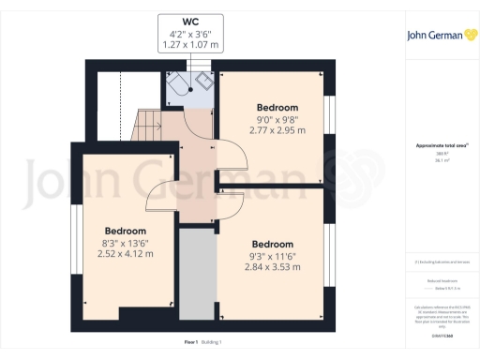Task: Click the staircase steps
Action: (x=148, y=125)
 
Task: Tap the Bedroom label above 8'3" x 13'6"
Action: (x=125, y=231)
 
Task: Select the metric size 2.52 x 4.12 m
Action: (x=125, y=252)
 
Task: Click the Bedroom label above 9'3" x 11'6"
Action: (x=273, y=245)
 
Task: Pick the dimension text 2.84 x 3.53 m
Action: (x=273, y=266)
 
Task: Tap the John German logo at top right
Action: (x=440, y=37)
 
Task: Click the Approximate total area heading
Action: (x=441, y=145)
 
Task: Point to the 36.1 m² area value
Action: (x=441, y=160)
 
